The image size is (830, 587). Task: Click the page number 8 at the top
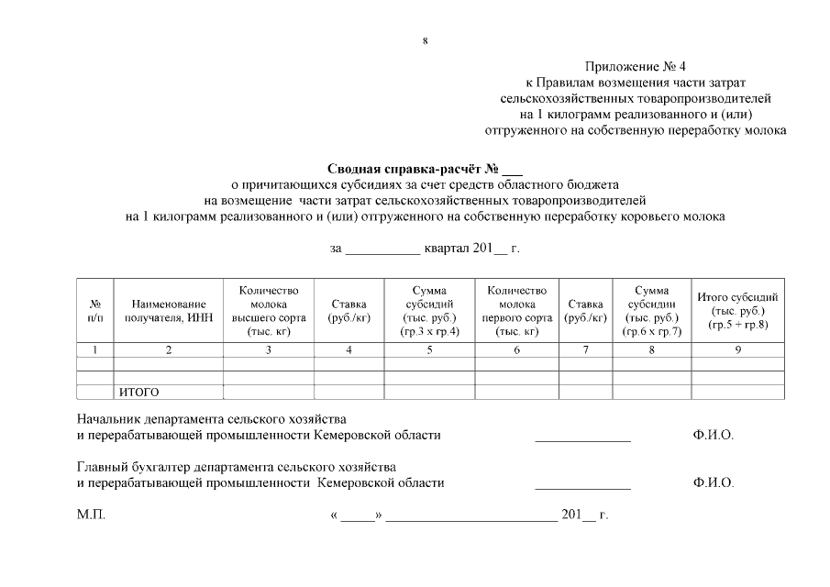[425, 40]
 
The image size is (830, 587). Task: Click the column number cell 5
[429, 349]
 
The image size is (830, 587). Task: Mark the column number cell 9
[737, 349]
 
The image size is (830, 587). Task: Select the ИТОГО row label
[138, 393]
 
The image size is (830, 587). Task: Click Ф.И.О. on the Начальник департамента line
[714, 435]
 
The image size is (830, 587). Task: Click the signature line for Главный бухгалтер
[582, 486]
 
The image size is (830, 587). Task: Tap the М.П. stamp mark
[92, 515]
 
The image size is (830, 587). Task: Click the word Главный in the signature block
[101, 467]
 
